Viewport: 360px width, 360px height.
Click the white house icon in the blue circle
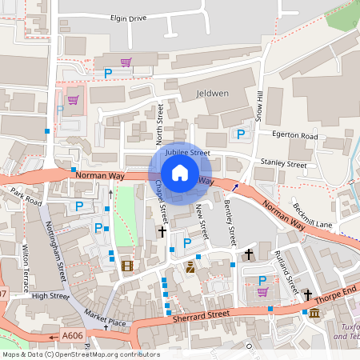[x=179, y=173]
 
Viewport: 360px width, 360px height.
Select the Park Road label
[x=26, y=197]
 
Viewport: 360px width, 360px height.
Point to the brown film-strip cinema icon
[x=126, y=266]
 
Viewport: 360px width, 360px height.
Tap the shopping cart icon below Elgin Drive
[x=126, y=62]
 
